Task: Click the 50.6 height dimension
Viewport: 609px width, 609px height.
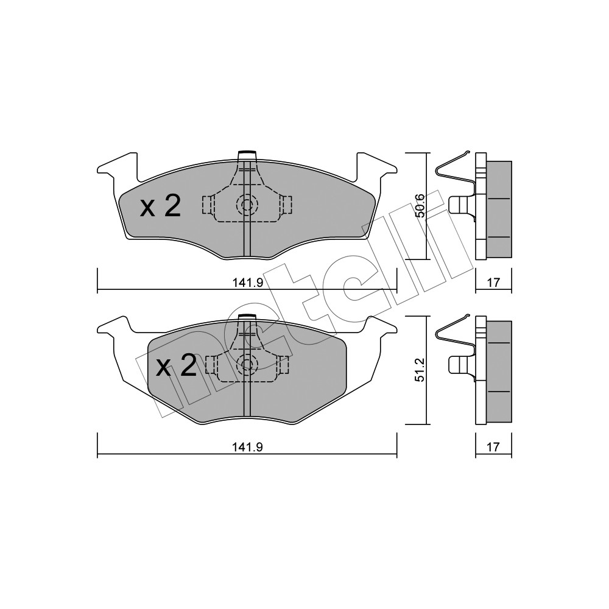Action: pyautogui.click(x=420, y=206)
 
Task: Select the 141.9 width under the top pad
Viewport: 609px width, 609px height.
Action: pyautogui.click(x=248, y=283)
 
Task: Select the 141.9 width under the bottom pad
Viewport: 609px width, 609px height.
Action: pyautogui.click(x=248, y=447)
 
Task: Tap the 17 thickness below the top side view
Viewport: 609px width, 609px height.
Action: pyautogui.click(x=493, y=283)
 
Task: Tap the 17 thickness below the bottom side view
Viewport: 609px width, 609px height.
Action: pyautogui.click(x=493, y=447)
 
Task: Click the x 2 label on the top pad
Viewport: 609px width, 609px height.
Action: pyautogui.click(x=160, y=206)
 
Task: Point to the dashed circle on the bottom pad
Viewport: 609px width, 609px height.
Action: pyautogui.click(x=247, y=364)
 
